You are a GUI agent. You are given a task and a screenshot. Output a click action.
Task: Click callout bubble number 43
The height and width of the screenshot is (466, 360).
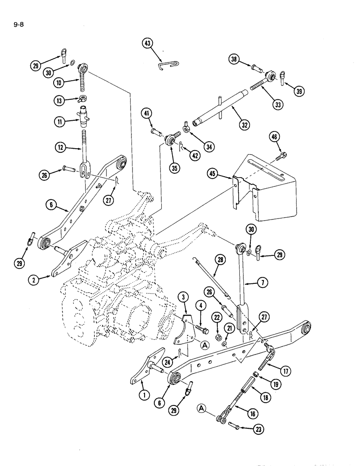pos(148,44)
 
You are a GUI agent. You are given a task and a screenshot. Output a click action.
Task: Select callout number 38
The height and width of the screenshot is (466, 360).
pos(235,59)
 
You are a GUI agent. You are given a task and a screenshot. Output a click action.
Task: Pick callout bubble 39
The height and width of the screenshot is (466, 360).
pos(298,91)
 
